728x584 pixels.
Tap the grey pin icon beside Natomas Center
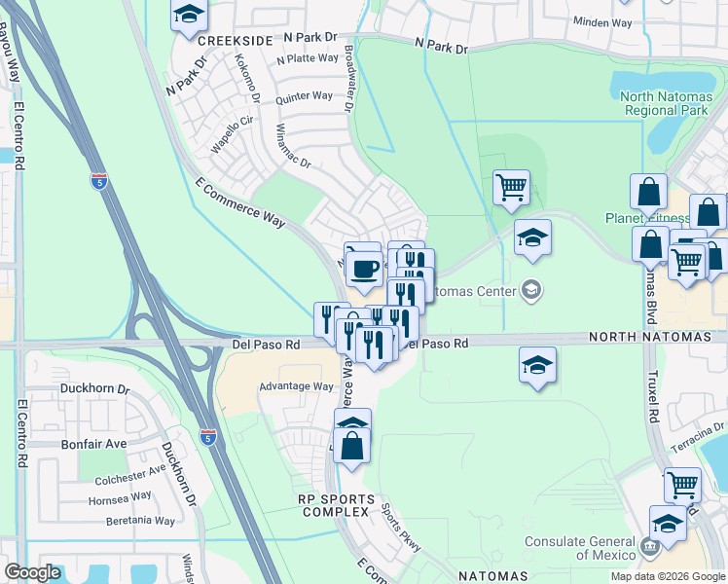(531, 289)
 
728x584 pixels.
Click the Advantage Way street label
(296, 386)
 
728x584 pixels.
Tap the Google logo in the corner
(33, 571)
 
